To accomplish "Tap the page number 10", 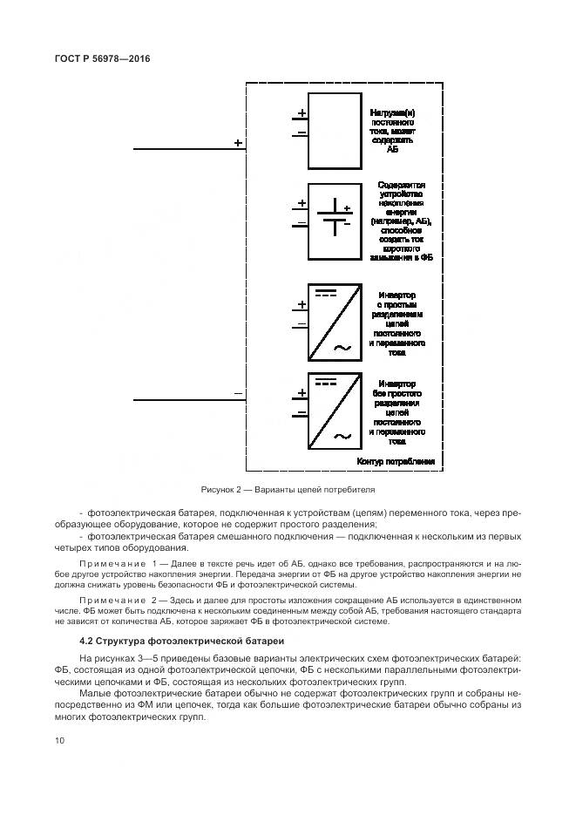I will pos(59,740).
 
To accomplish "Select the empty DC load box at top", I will pos(335,131).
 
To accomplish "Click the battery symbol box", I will pos(335,221).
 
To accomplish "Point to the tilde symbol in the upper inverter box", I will pos(342,348).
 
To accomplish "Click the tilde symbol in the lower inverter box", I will pos(342,436).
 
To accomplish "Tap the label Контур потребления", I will pos(396,460).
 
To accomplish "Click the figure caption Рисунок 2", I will pos(288,489).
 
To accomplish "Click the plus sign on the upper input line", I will pos(238,142).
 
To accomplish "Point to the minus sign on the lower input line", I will pos(238,393).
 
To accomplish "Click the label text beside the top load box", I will pos(397,131).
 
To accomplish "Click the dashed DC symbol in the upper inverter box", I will pos(326,293).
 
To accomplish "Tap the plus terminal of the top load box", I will pos(302,113).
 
